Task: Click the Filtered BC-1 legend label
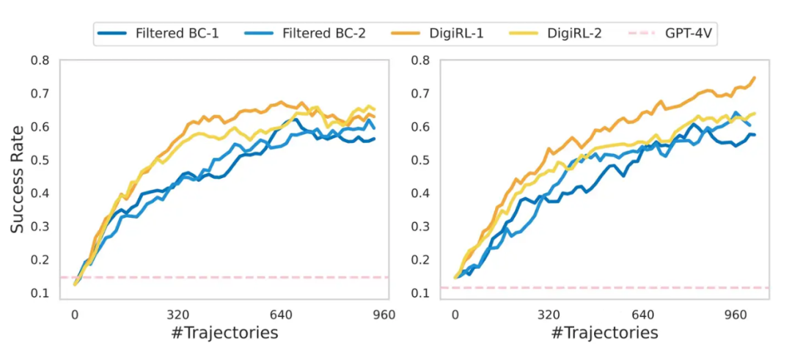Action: [177, 33]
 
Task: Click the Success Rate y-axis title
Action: [18, 178]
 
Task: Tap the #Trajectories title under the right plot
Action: [605, 333]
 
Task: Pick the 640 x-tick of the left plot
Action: [282, 315]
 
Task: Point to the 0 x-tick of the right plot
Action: [455, 315]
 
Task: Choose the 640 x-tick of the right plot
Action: [642, 315]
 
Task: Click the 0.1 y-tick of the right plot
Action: [420, 293]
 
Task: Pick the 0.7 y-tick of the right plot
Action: [420, 93]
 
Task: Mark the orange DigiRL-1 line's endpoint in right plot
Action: [755, 77]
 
